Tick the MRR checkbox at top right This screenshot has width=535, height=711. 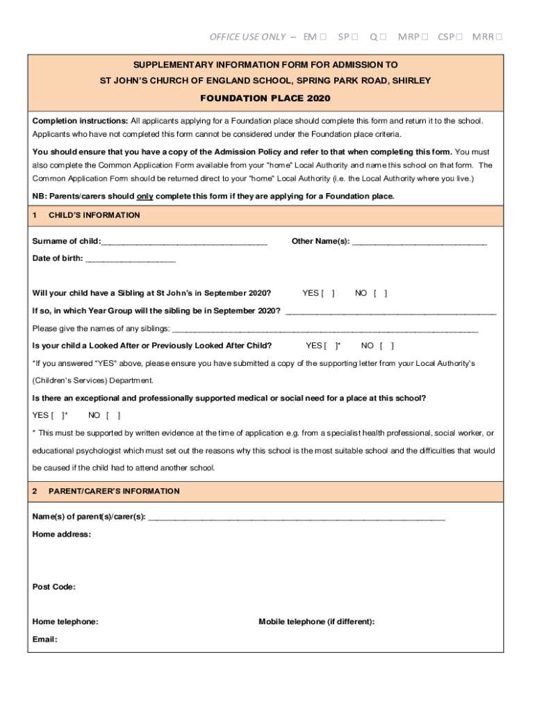click(499, 37)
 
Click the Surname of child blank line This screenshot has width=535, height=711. click(184, 242)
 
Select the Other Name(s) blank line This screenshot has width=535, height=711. click(420, 242)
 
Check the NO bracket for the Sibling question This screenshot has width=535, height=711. click(381, 293)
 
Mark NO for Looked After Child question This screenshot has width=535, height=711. click(387, 346)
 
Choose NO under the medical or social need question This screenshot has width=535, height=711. click(113, 416)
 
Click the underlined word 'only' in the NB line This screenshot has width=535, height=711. click(145, 196)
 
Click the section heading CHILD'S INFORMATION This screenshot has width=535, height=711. click(94, 215)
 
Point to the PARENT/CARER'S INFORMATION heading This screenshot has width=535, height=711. click(114, 492)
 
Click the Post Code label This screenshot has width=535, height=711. click(54, 587)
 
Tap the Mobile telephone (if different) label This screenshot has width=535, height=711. click(316, 622)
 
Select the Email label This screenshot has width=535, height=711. click(45, 639)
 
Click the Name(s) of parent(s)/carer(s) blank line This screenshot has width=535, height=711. click(297, 517)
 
